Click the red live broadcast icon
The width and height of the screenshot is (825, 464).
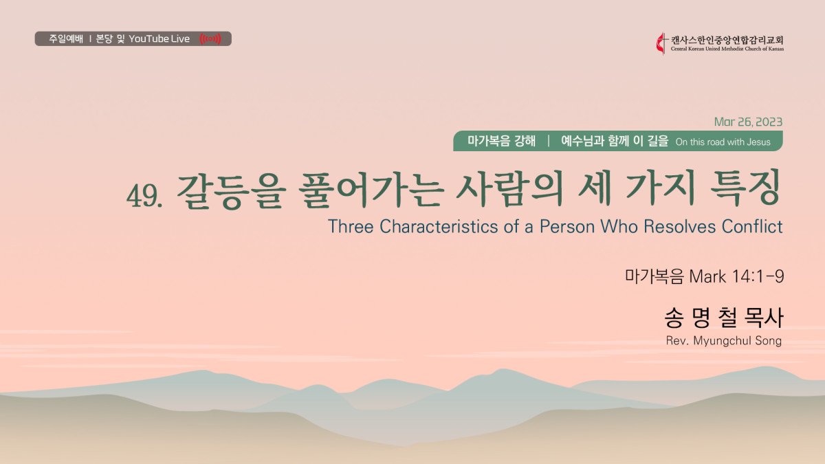[210, 38]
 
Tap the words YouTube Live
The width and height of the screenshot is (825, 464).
[159, 38]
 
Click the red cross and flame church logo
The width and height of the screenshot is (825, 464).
[661, 43]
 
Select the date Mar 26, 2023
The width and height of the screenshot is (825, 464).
[748, 122]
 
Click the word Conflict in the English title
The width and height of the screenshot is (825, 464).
[752, 226]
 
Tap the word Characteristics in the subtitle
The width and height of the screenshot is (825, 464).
[439, 226]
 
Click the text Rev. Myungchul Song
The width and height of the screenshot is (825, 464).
[724, 341]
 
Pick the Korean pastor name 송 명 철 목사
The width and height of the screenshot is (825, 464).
[724, 318]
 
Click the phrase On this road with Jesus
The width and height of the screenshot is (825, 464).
[723, 142]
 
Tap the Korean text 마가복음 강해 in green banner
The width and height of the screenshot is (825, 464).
[501, 141]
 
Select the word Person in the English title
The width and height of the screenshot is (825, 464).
[567, 226]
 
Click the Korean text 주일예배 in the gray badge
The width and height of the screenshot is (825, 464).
[66, 38]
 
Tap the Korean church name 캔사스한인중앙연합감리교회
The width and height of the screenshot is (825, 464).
[727, 40]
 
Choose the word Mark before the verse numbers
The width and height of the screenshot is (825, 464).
[707, 276]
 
